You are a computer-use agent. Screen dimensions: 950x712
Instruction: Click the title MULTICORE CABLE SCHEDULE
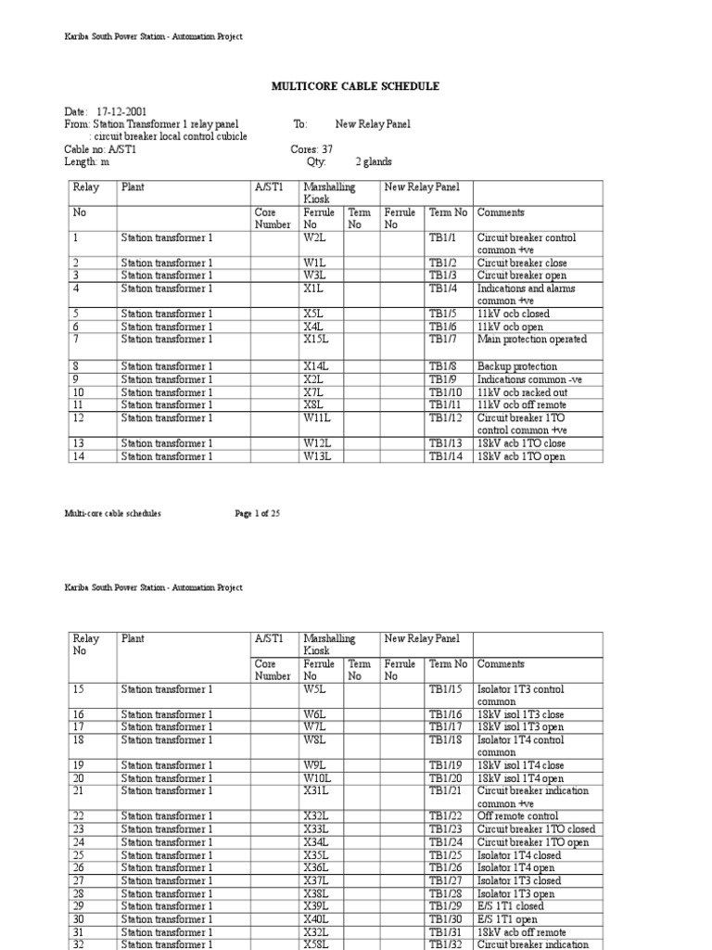click(x=355, y=86)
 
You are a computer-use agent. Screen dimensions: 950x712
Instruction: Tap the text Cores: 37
click(x=311, y=148)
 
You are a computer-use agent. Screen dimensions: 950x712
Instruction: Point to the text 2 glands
click(x=374, y=161)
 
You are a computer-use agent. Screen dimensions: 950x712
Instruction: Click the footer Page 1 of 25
click(x=256, y=513)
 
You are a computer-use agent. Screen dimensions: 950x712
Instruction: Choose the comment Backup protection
click(x=516, y=366)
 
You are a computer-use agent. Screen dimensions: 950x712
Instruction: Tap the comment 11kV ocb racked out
click(x=523, y=392)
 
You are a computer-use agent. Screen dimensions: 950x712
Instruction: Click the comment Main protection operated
click(x=531, y=340)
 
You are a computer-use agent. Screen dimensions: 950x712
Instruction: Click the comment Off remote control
click(x=518, y=816)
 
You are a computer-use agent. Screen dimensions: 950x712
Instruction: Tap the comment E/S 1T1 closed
click(x=510, y=906)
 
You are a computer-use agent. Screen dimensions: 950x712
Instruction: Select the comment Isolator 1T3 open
click(x=515, y=893)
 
